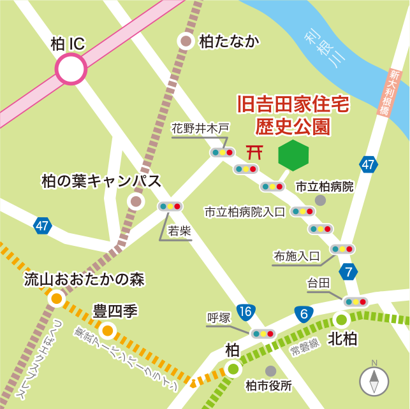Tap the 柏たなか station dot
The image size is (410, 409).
pos(186,41)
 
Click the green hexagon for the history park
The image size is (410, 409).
pos(293,155)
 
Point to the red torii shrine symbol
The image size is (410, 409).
pos(255,152)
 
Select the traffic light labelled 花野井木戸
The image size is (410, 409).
pos(223,153)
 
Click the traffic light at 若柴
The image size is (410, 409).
pos(170,206)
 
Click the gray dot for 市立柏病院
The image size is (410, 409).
pos(321,200)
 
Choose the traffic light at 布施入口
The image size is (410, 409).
pos(342,249)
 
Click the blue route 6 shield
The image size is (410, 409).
pos(304,313)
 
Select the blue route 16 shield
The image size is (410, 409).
pos(246,312)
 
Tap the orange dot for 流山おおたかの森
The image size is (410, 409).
pos(57,298)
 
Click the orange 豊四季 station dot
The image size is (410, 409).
pos(107,330)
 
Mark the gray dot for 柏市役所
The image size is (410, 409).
pos(271,370)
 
